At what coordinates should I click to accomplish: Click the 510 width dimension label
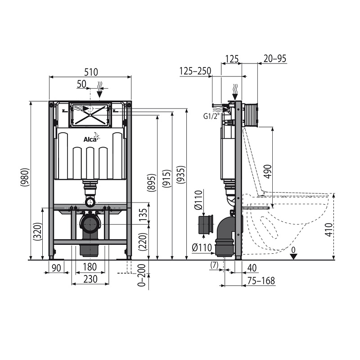point(91,72)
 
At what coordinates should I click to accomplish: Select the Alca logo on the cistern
point(91,139)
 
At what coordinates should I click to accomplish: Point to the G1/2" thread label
point(211,117)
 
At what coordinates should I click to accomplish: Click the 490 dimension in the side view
point(268,171)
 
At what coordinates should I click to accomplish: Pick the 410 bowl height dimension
point(329,229)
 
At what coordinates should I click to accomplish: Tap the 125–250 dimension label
point(195,71)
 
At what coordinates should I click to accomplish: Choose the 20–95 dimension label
point(275,59)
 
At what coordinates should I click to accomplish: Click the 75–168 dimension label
point(261,280)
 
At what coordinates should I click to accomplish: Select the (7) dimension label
point(214,265)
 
